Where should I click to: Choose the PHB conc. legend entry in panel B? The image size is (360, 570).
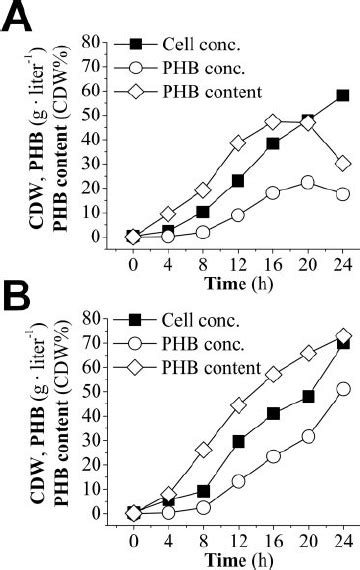click(200, 345)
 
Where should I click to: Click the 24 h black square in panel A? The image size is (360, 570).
click(343, 95)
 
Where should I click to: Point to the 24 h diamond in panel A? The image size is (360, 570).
click(343, 163)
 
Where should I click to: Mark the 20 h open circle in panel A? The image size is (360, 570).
click(308, 182)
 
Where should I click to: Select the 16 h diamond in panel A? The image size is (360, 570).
click(273, 122)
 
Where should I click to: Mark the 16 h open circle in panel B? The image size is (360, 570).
click(273, 456)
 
